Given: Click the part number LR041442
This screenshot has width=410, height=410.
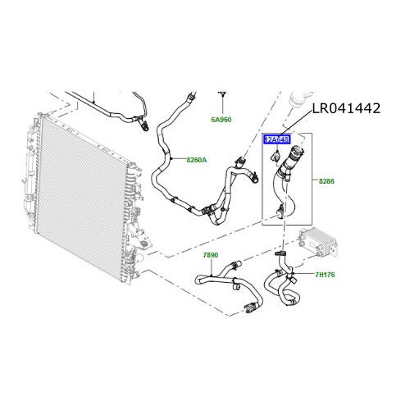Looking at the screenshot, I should coord(345,108).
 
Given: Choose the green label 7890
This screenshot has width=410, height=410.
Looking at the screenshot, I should coord(211,255).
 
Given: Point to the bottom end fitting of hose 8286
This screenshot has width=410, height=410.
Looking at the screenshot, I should coord(281,212).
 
